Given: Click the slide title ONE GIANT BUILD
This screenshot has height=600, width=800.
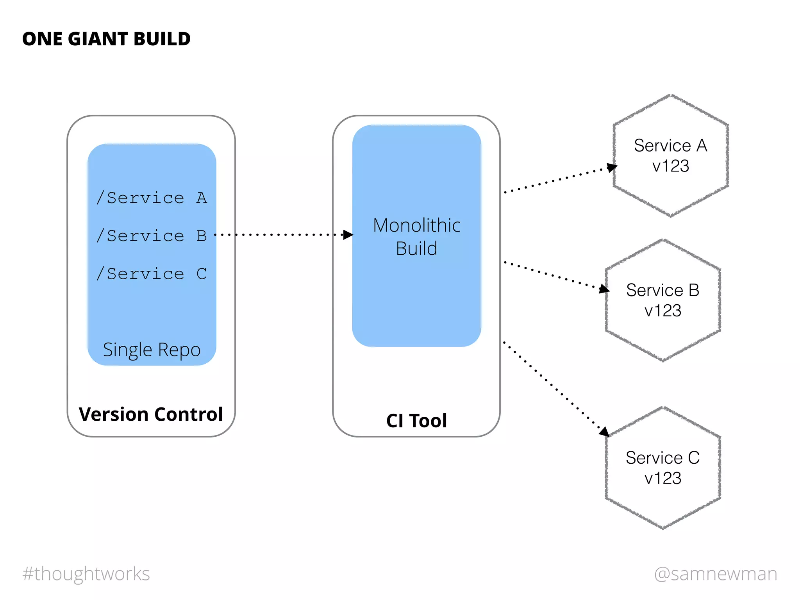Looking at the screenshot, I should point(106,39).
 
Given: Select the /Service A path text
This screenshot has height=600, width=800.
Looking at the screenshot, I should point(152,198).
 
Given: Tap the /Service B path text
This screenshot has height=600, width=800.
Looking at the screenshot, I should point(152,236).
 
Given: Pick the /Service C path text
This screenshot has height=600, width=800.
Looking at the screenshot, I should point(152,273).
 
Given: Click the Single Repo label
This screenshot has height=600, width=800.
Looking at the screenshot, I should point(152,350).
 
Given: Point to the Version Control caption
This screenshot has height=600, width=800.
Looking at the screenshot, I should point(151,414).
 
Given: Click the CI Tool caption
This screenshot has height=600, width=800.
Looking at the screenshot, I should point(416,421).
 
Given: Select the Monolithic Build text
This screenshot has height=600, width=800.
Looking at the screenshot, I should point(416,237).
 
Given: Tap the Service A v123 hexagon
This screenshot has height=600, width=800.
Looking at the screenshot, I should point(670,155).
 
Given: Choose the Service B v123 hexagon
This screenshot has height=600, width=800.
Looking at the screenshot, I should point(662,300).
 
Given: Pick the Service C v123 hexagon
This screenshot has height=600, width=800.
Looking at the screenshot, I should point(662,468).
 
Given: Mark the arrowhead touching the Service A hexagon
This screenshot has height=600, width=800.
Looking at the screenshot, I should point(612,168).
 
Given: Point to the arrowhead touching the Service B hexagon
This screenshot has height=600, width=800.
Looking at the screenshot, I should point(604,289).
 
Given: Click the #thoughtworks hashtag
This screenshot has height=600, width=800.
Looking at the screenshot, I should point(86,574).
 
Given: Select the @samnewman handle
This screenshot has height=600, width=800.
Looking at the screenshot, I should point(716,574).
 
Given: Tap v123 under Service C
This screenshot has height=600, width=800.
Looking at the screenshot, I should point(662,478).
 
